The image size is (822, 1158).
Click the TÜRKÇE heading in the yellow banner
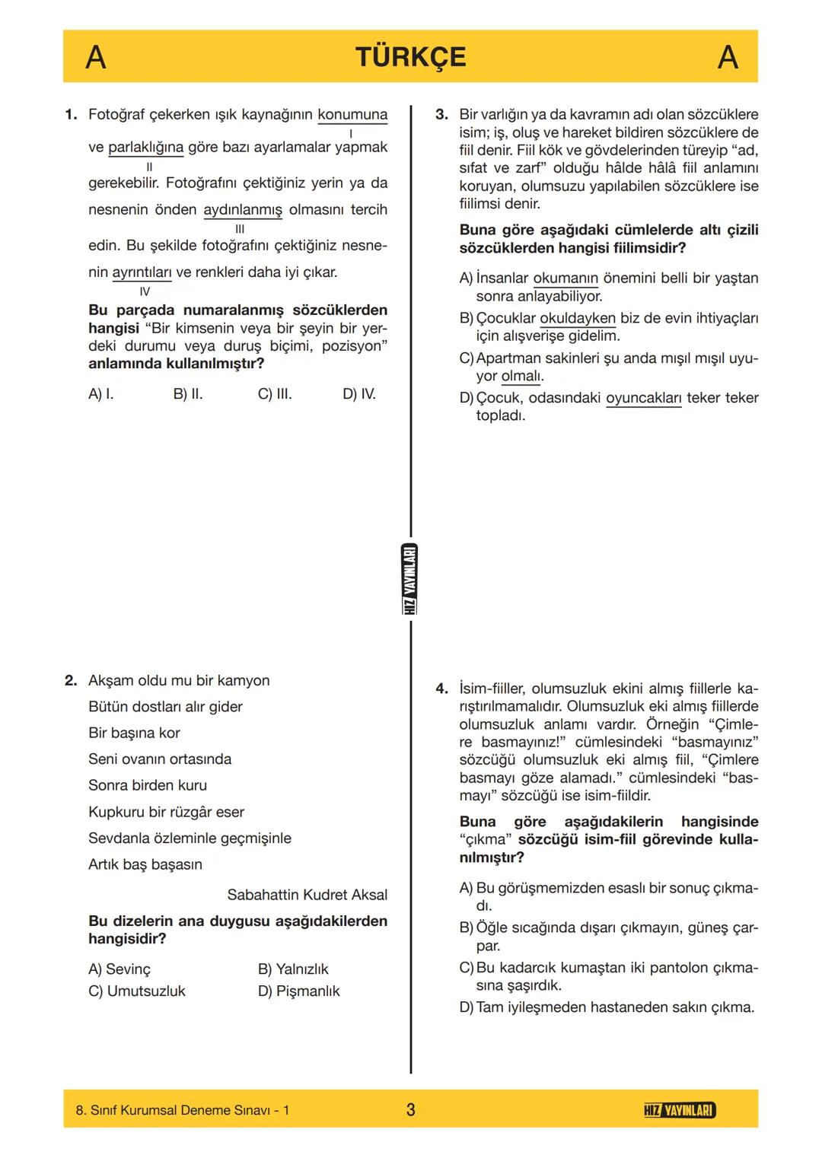pos(410,57)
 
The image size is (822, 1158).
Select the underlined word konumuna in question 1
pos(352,115)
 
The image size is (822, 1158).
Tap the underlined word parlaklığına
pos(145,147)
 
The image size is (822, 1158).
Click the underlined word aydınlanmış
pos(242,210)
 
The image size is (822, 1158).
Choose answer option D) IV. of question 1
pos(358,394)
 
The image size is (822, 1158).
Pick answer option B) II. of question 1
pos(187,394)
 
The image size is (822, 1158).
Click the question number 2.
pos(70,681)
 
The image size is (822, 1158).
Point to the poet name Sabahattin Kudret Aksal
pos(307,895)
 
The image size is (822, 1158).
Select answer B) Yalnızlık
pos(293,969)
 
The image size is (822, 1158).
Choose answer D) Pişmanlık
pos(298,991)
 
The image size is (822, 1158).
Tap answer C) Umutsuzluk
pos(137,991)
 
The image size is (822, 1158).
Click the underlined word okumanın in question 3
pos(565,278)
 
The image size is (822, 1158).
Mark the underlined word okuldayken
pos(577,318)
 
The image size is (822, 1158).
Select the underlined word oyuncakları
pos(643,398)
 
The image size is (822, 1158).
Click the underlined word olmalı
pos(522,376)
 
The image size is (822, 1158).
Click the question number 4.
pos(441,689)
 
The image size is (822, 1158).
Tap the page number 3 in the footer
pos(410,1109)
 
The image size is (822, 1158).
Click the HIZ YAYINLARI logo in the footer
pos(679,1110)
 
